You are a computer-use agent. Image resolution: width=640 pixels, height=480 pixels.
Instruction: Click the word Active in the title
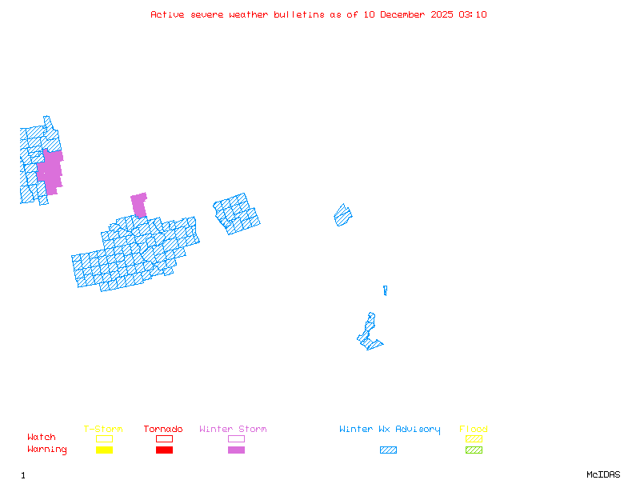point(166,14)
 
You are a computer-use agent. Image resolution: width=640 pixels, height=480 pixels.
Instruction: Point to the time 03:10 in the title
point(473,14)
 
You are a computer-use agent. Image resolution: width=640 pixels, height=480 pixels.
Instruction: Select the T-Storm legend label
point(103,430)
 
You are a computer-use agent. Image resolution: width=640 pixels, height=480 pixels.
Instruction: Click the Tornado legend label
point(163,430)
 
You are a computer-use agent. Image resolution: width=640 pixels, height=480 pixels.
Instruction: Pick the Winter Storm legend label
point(233,430)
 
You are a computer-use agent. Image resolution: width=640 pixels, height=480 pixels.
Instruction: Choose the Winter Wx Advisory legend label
point(390,430)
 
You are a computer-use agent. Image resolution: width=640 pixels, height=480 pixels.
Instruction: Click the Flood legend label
point(474,430)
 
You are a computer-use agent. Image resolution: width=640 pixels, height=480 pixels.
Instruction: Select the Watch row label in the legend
point(42,438)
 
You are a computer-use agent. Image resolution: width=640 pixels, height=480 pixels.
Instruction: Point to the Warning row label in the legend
point(47,450)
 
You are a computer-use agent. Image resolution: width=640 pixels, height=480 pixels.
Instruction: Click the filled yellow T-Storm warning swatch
point(104,450)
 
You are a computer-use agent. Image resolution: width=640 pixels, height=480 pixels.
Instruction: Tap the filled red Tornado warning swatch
point(164,450)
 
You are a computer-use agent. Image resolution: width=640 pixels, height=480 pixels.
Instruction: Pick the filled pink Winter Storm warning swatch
point(236,450)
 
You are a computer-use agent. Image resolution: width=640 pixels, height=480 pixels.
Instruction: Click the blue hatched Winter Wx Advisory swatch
point(388,450)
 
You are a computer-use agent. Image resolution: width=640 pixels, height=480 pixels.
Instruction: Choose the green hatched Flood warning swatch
point(474,450)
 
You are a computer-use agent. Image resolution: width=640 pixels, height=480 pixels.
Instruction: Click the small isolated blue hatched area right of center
point(343,215)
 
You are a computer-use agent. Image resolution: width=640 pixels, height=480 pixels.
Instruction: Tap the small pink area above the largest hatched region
point(139,204)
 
